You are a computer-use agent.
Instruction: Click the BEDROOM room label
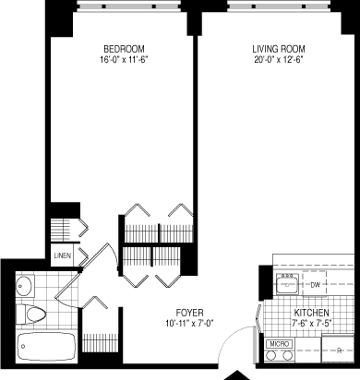(124, 49)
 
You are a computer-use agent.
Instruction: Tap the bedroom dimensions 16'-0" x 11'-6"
(124, 60)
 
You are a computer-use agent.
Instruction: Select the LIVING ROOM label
(278, 49)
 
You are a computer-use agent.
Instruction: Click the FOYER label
(189, 313)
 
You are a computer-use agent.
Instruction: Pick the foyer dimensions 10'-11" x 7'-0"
(189, 323)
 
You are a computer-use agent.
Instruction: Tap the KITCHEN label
(311, 313)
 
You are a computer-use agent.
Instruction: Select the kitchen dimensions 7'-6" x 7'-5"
(311, 323)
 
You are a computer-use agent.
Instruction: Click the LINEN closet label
(62, 256)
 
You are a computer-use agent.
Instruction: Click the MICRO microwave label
(279, 344)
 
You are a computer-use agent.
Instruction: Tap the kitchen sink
(287, 284)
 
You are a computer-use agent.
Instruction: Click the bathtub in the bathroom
(46, 346)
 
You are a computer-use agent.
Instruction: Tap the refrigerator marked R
(338, 350)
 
